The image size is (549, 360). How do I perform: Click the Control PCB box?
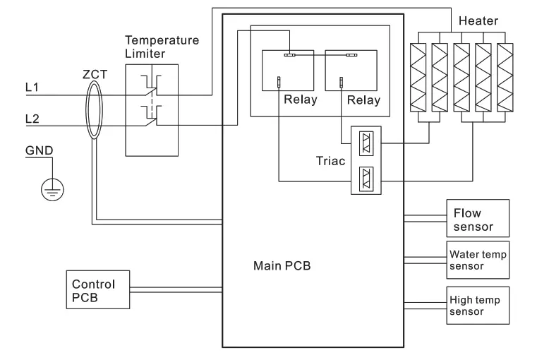tap(97, 289)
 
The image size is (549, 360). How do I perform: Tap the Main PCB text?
tap(282, 266)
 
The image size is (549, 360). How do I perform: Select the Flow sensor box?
tap(477, 218)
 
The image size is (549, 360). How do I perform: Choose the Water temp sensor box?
tap(477, 260)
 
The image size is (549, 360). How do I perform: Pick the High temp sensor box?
tap(477, 305)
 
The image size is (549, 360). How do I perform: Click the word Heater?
tap(478, 22)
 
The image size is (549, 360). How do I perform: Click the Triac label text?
tap(330, 161)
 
